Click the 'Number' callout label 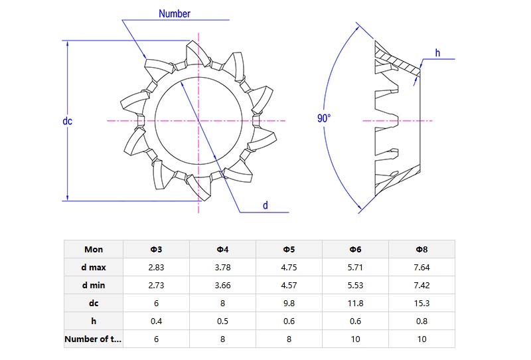coord(174,13)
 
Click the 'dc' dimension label coord(67,121)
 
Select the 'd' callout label coord(265,205)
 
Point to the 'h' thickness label coord(437,53)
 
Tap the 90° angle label coord(324,118)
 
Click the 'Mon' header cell coord(94,249)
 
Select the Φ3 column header coord(157,249)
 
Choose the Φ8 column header coord(421,249)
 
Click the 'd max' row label coord(94,267)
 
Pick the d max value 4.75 coord(289,267)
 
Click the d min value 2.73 coord(157,285)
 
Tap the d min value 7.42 coord(421,285)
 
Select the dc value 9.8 coord(289,303)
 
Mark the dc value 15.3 coord(421,303)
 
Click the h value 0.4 coord(157,321)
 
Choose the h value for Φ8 coord(421,321)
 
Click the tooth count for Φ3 coord(157,339)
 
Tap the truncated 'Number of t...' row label coord(94,339)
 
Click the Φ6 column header coord(355,249)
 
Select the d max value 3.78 coord(223,267)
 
